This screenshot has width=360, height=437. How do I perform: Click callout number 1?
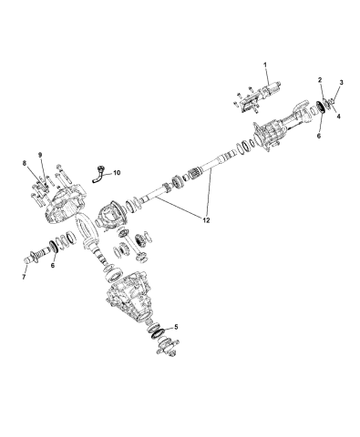coord(265,65)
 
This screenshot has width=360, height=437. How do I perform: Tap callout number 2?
coord(320,81)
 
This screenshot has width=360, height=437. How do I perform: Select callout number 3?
coord(342,84)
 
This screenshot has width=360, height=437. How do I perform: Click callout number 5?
coord(176,325)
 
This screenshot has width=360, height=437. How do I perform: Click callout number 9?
coord(40,154)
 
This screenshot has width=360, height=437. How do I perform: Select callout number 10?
coord(127,171)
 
